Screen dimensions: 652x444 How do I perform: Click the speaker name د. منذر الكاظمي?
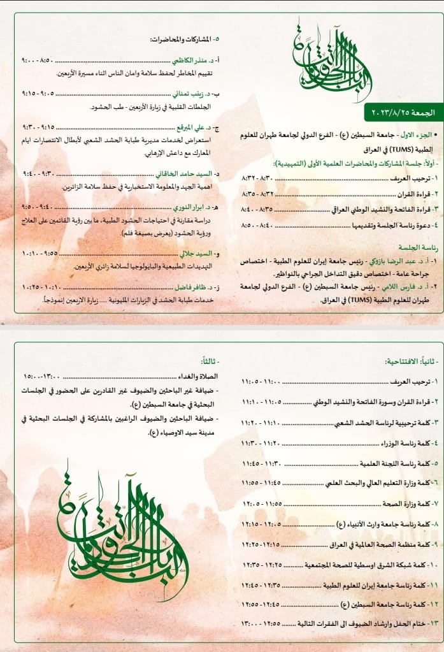click(x=194, y=61)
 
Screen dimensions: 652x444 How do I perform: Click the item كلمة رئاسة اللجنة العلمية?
click(x=398, y=463)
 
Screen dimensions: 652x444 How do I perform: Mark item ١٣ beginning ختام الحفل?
click(x=376, y=623)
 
